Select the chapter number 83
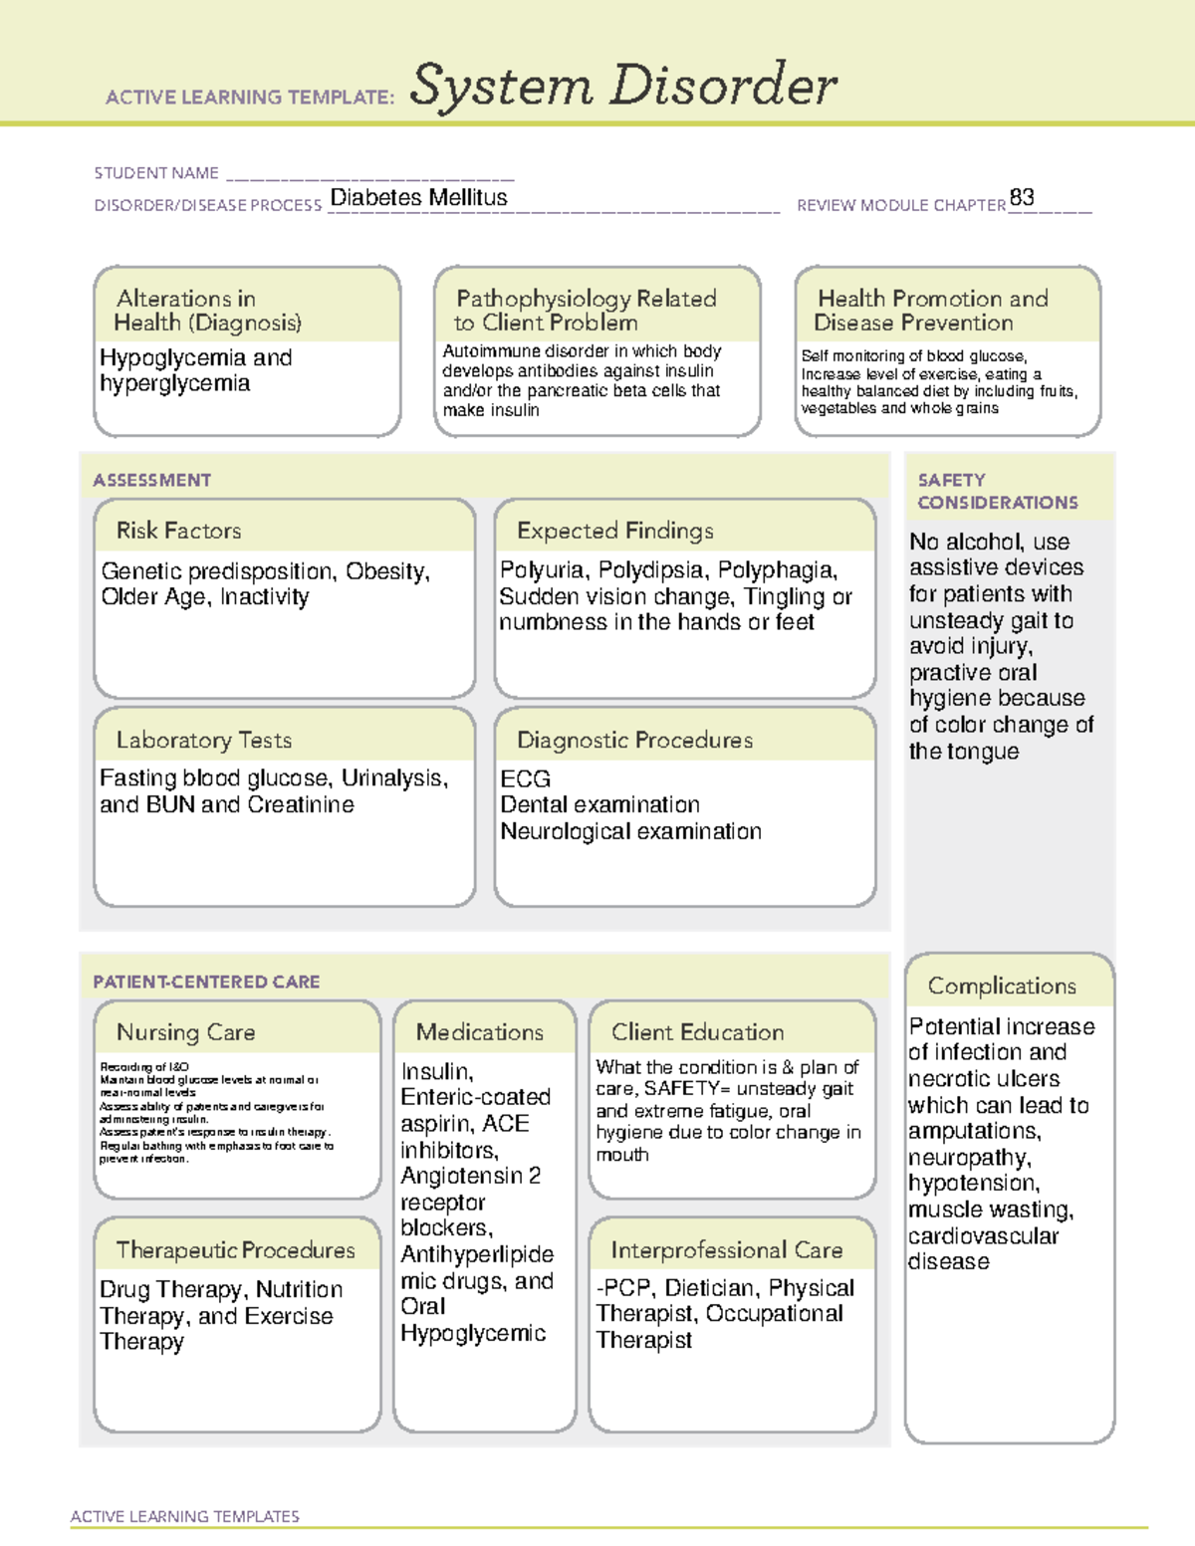tap(1022, 197)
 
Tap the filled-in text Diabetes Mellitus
tap(418, 198)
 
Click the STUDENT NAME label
tap(156, 173)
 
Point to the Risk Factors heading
tap(179, 531)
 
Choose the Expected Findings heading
tap(614, 531)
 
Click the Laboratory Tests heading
tap(204, 740)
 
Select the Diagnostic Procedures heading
tap(634, 740)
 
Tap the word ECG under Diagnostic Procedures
tap(525, 778)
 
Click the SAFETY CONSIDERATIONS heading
tap(997, 492)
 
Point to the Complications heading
tap(1002, 986)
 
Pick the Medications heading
tap(480, 1032)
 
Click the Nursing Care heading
tap(186, 1032)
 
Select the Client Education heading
tap(697, 1032)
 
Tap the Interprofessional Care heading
tap(727, 1249)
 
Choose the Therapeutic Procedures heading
tap(235, 1249)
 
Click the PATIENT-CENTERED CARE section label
tap(206, 982)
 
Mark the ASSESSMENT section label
tap(152, 480)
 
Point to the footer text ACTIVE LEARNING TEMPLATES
tap(185, 1516)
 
